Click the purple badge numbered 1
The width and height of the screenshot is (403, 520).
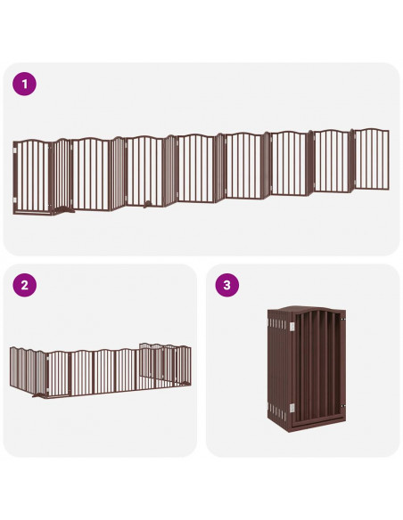[25, 85]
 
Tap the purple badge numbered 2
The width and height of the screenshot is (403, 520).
[25, 286]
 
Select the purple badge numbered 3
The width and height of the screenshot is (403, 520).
[227, 286]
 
